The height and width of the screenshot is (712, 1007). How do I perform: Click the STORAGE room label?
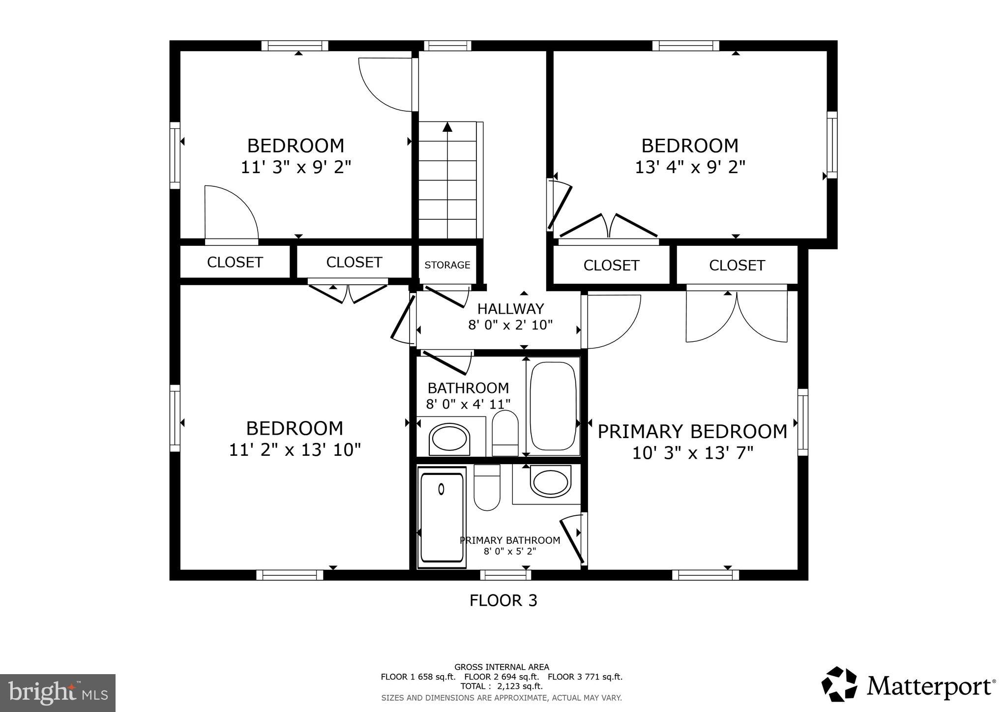pyautogui.click(x=447, y=265)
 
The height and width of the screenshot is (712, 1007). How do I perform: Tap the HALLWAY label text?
pyautogui.click(x=510, y=309)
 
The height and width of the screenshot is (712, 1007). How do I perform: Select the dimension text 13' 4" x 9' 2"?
pyautogui.click(x=690, y=168)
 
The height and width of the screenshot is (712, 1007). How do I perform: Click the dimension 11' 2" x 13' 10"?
pyautogui.click(x=295, y=450)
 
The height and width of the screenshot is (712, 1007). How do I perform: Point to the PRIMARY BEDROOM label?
pyautogui.click(x=692, y=432)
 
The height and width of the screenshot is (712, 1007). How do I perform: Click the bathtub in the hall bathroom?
pyautogui.click(x=553, y=406)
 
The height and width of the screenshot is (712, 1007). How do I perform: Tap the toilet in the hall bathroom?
pyautogui.click(x=505, y=433)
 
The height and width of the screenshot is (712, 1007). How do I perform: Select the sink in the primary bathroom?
pyautogui.click(x=551, y=482)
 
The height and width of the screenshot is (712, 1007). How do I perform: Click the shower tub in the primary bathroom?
pyautogui.click(x=442, y=516)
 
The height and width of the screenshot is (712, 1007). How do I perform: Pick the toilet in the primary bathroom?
pyautogui.click(x=487, y=488)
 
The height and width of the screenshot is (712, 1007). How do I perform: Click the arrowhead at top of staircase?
pyautogui.click(x=447, y=127)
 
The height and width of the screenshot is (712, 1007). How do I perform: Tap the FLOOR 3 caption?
pyautogui.click(x=503, y=600)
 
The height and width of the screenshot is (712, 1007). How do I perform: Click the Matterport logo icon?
pyautogui.click(x=839, y=684)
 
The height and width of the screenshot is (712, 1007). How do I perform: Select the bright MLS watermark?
pyautogui.click(x=58, y=693)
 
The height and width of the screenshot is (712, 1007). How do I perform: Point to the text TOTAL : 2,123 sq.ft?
pyautogui.click(x=501, y=686)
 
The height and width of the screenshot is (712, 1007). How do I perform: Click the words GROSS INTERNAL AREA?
pyautogui.click(x=502, y=667)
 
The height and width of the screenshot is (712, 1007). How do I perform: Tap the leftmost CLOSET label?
pyautogui.click(x=235, y=263)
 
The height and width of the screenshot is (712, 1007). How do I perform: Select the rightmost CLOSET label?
pyautogui.click(x=737, y=266)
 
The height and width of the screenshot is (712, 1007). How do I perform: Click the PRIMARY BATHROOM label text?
pyautogui.click(x=509, y=540)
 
